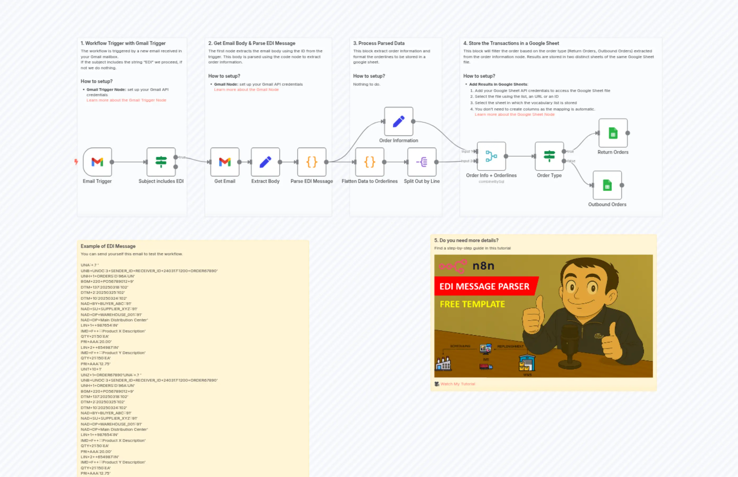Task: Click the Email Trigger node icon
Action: click(x=97, y=162)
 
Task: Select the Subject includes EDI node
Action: click(x=161, y=162)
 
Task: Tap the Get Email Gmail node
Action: click(x=225, y=162)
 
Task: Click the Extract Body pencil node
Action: click(x=265, y=162)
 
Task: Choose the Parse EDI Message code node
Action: click(x=312, y=162)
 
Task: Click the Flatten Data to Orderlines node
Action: click(x=370, y=162)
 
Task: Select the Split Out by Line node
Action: click(x=422, y=162)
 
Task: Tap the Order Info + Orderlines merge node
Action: click(x=491, y=156)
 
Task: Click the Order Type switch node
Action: click(x=549, y=156)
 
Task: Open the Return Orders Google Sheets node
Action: click(x=613, y=133)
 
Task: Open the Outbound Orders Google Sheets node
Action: click(x=607, y=185)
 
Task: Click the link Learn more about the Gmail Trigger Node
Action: click(x=126, y=100)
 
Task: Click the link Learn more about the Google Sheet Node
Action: click(x=515, y=114)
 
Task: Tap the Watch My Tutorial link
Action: click(x=457, y=384)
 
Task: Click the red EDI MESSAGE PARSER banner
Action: click(x=484, y=286)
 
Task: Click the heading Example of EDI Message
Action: click(x=108, y=246)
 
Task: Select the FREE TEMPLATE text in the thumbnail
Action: click(x=472, y=304)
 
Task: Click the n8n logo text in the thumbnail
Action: click(x=483, y=266)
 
